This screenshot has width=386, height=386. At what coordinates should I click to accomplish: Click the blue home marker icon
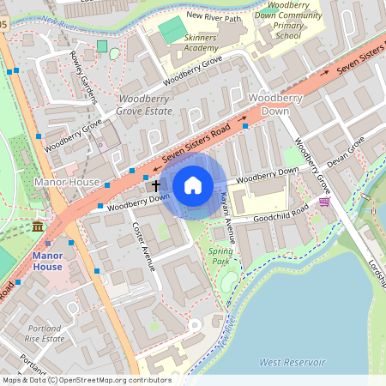pos(193,185)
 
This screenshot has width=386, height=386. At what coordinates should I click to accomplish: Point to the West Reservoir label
pos(293,363)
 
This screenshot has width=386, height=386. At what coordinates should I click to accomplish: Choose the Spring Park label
pos(220,255)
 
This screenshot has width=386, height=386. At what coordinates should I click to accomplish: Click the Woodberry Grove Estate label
pos(143,106)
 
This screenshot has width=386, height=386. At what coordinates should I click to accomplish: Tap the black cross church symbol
pos(156,185)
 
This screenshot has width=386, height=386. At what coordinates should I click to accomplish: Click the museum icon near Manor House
pos(39,226)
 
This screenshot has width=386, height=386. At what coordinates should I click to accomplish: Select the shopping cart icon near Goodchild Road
pos(324,202)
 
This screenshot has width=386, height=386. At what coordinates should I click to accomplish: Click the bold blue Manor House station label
pos(48,262)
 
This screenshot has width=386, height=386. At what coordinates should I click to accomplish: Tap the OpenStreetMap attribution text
pos(86,380)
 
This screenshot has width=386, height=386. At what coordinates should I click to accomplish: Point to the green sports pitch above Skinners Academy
pos(173,28)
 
